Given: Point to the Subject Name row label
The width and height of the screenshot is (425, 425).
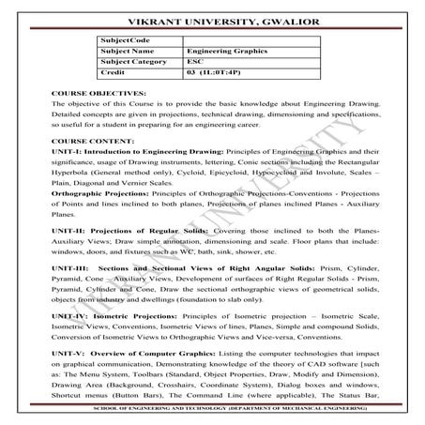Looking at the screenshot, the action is pyautogui.click(x=127, y=51).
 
